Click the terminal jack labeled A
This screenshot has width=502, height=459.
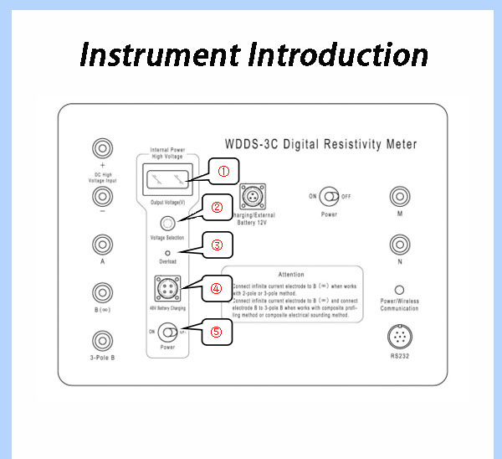[x=102, y=244]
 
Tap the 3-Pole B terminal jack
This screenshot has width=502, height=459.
[x=102, y=340]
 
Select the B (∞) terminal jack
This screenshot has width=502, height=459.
[x=102, y=292]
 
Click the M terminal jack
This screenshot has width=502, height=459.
[x=400, y=197]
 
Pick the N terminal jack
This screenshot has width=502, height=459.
[x=400, y=245]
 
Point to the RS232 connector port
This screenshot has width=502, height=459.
[x=400, y=338]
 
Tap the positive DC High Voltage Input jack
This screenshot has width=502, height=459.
[x=102, y=149]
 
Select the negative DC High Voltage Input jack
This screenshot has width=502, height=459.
[x=102, y=197]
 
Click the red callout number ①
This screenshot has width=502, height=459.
[x=223, y=171]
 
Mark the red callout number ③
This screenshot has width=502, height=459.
[x=217, y=245]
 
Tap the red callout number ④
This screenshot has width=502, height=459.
[x=216, y=288]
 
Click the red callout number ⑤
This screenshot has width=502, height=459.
[x=216, y=331]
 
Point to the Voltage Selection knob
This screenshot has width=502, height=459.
[x=167, y=224]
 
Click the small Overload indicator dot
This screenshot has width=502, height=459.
[x=167, y=252]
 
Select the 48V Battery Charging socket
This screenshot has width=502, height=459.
[x=167, y=289]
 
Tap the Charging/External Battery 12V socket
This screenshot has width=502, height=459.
[x=252, y=198]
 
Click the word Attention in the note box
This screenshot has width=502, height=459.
[x=291, y=274]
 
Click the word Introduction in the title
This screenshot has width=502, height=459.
[x=339, y=55]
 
